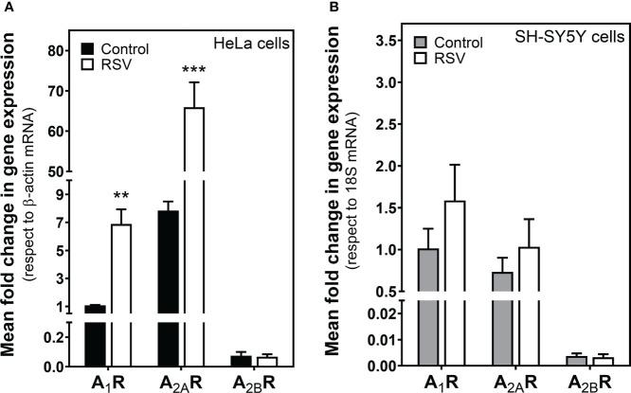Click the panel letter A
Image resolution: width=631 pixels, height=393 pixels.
pyautogui.click(x=7, y=8)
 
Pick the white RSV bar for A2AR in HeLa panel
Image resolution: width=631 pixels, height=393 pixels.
pyautogui.click(x=194, y=237)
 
